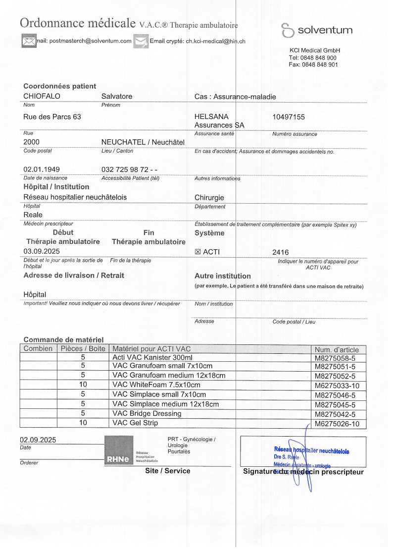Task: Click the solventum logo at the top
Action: point(317,30)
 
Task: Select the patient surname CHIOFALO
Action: point(42,96)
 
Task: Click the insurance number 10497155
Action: point(289,117)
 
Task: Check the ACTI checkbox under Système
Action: point(198,252)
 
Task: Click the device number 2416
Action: point(281,252)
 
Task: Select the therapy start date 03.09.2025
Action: point(42,251)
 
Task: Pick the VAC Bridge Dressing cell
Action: point(147,413)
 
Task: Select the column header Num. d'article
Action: point(336,348)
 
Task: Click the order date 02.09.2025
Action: point(38,440)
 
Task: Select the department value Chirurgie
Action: point(209,197)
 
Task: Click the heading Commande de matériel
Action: point(63,339)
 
